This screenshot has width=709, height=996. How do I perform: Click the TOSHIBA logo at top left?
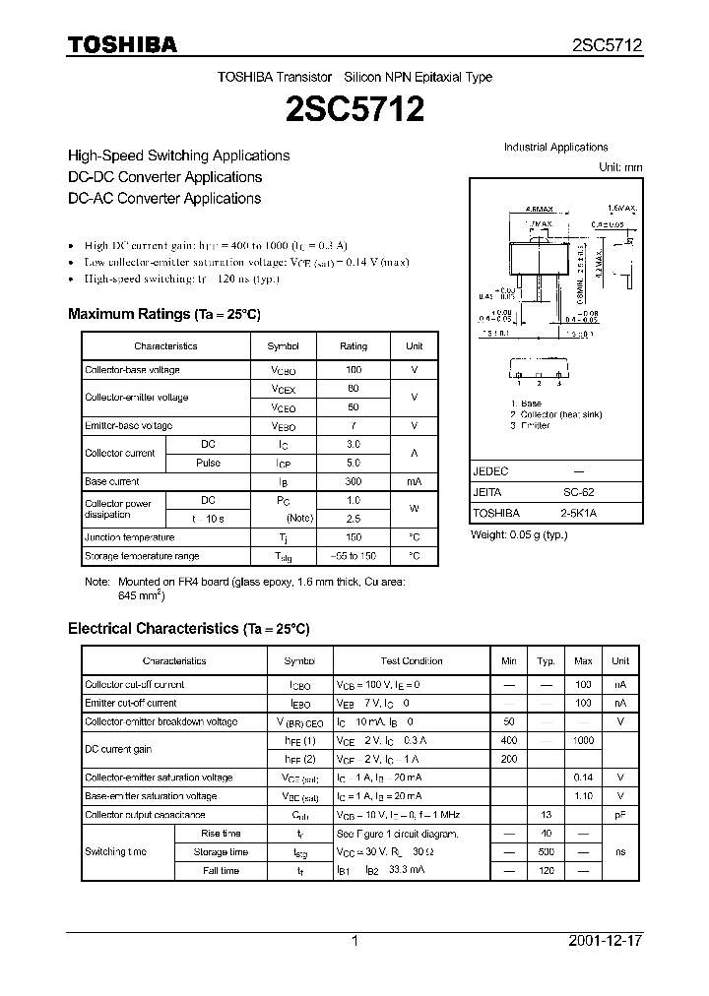tap(122, 44)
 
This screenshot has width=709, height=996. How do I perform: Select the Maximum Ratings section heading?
tap(163, 314)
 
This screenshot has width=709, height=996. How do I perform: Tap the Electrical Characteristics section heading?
tap(188, 628)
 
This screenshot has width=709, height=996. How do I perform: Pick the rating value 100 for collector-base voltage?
tap(354, 370)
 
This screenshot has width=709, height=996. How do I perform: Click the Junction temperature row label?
tap(130, 537)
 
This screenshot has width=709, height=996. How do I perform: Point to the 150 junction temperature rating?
tap(354, 537)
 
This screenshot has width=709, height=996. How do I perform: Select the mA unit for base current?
tap(414, 482)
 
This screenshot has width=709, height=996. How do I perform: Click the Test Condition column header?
tap(412, 661)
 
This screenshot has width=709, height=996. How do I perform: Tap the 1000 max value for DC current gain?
tap(583, 740)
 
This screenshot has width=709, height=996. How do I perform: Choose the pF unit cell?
tap(620, 815)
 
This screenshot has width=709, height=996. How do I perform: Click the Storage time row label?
tap(221, 852)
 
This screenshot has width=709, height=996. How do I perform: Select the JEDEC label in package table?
tap(491, 471)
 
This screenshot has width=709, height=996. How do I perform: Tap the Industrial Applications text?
tap(556, 148)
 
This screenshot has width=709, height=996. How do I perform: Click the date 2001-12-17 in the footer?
tap(605, 941)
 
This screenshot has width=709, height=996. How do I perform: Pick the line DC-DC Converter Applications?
tap(164, 177)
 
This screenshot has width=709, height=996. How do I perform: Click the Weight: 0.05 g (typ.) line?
tap(519, 534)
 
